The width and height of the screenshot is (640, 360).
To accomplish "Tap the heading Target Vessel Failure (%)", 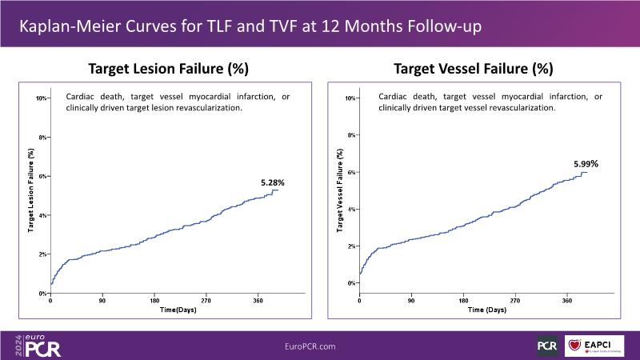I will tap(474, 69).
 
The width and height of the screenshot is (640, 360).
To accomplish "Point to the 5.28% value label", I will tap(273, 183).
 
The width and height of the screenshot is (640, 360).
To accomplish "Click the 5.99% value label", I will tap(586, 164).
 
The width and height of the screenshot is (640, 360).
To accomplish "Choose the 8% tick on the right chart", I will tap(350, 135).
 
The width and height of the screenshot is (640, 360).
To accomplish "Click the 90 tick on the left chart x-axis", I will tap(102, 302).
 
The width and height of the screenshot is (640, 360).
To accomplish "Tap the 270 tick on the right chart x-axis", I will tap(514, 302).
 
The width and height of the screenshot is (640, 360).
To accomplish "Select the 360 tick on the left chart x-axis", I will tap(258, 302).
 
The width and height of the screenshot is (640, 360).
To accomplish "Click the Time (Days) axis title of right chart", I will tap(487, 309).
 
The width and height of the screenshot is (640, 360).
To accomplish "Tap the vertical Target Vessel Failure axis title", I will tap(339, 192).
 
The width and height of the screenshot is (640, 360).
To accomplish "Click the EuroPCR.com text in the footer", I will tap(310, 346).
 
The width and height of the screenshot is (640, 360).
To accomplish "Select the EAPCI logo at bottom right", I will tap(594, 346).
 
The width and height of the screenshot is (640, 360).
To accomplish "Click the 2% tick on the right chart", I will tap(350, 246).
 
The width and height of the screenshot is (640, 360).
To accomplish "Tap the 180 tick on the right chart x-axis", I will tap(462, 302).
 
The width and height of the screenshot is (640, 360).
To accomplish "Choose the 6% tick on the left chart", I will tap(43, 176).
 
